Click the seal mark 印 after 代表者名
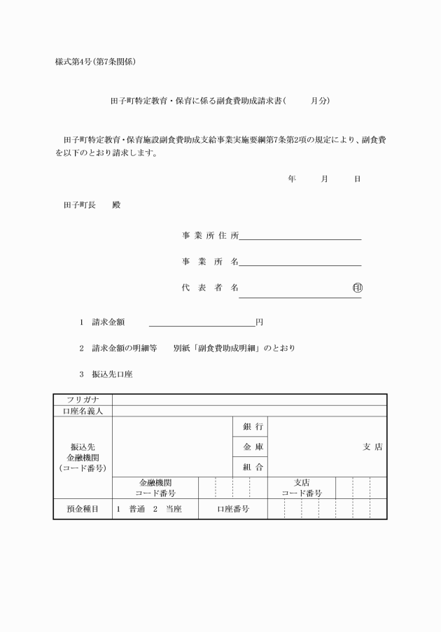click(357, 287)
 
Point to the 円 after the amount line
click(259, 323)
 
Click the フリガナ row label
click(83, 400)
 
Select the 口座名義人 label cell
click(83, 411)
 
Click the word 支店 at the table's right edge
click(372, 447)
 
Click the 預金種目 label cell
click(83, 509)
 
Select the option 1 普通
click(131, 509)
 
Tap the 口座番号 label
click(233, 509)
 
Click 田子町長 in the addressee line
click(79, 206)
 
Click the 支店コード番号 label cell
click(302, 488)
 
